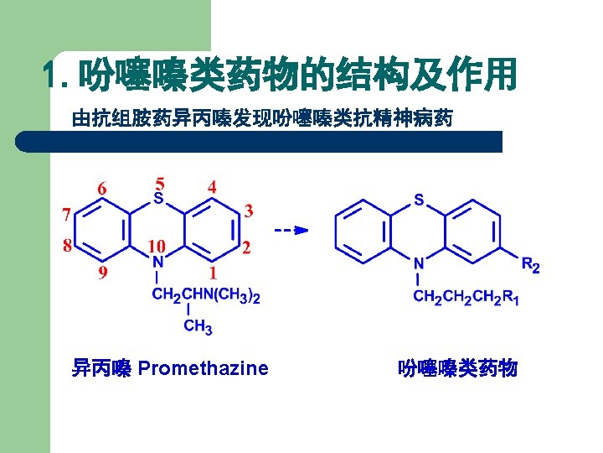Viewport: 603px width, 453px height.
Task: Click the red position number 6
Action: point(101,189)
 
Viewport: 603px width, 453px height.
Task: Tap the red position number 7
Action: point(65,215)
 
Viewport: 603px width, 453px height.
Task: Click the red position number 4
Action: point(212,187)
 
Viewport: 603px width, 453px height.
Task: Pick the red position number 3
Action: point(248,210)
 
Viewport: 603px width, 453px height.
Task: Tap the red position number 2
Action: point(245,247)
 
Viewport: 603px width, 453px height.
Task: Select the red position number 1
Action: point(213,273)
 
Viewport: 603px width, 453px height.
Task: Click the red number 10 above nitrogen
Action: point(157,247)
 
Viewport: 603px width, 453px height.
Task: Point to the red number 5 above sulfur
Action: point(160,182)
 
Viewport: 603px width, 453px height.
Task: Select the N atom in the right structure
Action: point(419,263)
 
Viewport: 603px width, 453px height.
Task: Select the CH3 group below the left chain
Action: point(198,326)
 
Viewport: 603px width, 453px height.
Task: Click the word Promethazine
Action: point(204,367)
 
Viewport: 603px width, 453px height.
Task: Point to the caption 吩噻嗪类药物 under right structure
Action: point(458,367)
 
